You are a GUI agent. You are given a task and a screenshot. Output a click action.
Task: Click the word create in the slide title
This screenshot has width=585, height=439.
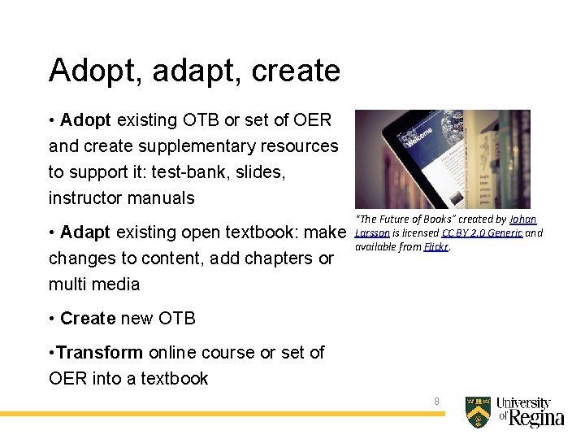[296, 72]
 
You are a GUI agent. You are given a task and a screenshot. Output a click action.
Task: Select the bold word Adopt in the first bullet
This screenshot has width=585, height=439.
[85, 120]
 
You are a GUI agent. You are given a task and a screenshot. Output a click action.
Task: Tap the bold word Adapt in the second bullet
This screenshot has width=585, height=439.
[85, 233]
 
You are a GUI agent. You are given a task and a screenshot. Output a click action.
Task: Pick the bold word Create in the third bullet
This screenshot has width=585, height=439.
[88, 319]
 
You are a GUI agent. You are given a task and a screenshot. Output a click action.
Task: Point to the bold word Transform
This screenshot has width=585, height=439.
[100, 353]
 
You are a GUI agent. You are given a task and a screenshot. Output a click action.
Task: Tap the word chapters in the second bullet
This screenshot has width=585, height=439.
[277, 259]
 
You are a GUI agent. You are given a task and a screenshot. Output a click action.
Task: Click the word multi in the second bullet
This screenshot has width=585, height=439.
[66, 285]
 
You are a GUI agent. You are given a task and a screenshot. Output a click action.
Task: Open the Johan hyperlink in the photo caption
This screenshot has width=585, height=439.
[522, 219]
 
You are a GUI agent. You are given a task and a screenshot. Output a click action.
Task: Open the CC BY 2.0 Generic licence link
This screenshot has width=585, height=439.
[482, 233]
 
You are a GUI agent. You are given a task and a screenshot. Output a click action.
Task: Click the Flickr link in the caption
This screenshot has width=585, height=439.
[435, 247]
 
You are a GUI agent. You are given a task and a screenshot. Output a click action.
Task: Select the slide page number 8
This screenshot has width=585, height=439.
[436, 402]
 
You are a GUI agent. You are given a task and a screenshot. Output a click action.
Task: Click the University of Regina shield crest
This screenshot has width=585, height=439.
[478, 411]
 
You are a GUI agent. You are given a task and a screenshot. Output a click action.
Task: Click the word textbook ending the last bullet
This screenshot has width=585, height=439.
[175, 379]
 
